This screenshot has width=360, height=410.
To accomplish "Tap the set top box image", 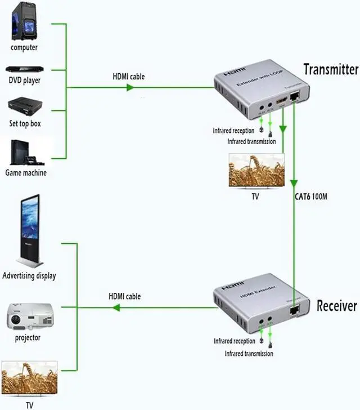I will [x=24, y=106].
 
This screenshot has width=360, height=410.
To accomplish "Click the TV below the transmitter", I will [x=256, y=170].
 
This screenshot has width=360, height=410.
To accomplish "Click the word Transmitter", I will [x=330, y=69].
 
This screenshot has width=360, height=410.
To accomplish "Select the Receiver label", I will [x=336, y=306].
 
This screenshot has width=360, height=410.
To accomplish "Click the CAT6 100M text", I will [x=311, y=197].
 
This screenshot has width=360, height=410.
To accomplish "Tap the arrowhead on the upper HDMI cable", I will [x=130, y=87].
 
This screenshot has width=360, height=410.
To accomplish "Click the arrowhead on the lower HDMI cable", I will [x=116, y=307].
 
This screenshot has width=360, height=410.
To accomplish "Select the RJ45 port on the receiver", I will [x=293, y=309].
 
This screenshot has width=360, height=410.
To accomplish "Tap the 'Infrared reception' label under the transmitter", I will [x=233, y=131].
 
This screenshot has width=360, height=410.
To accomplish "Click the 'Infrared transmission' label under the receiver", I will [x=249, y=354].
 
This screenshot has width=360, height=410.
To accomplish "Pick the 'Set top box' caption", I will [x=24, y=123].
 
